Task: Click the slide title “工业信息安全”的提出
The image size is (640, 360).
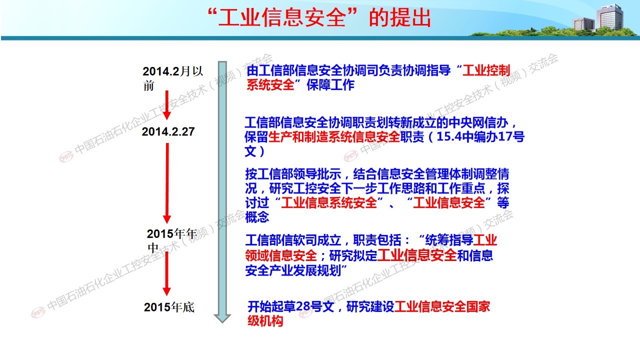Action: coord(319,17)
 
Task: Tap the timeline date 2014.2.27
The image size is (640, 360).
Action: coord(168,131)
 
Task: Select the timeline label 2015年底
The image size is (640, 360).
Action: coord(169,307)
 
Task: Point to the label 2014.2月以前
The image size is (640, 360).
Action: coord(173,78)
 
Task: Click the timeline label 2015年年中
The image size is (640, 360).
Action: coord(172,241)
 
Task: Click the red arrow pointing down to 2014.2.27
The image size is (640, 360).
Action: coord(167,105)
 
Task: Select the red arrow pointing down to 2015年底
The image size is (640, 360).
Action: coord(166,273)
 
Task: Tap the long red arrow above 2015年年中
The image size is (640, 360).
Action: coord(167,183)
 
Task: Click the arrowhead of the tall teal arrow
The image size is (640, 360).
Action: coord(222,318)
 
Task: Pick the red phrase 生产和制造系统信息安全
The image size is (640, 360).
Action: coord(333,137)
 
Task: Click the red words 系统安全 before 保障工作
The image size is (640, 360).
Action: coord(270,85)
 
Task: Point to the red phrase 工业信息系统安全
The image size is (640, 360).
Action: coord(329,202)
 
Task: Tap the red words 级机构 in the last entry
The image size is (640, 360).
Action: coord(265,321)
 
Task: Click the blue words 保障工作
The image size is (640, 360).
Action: coord(330,85)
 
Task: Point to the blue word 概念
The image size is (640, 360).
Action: coord(257,217)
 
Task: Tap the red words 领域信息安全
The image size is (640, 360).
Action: coord(281,255)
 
